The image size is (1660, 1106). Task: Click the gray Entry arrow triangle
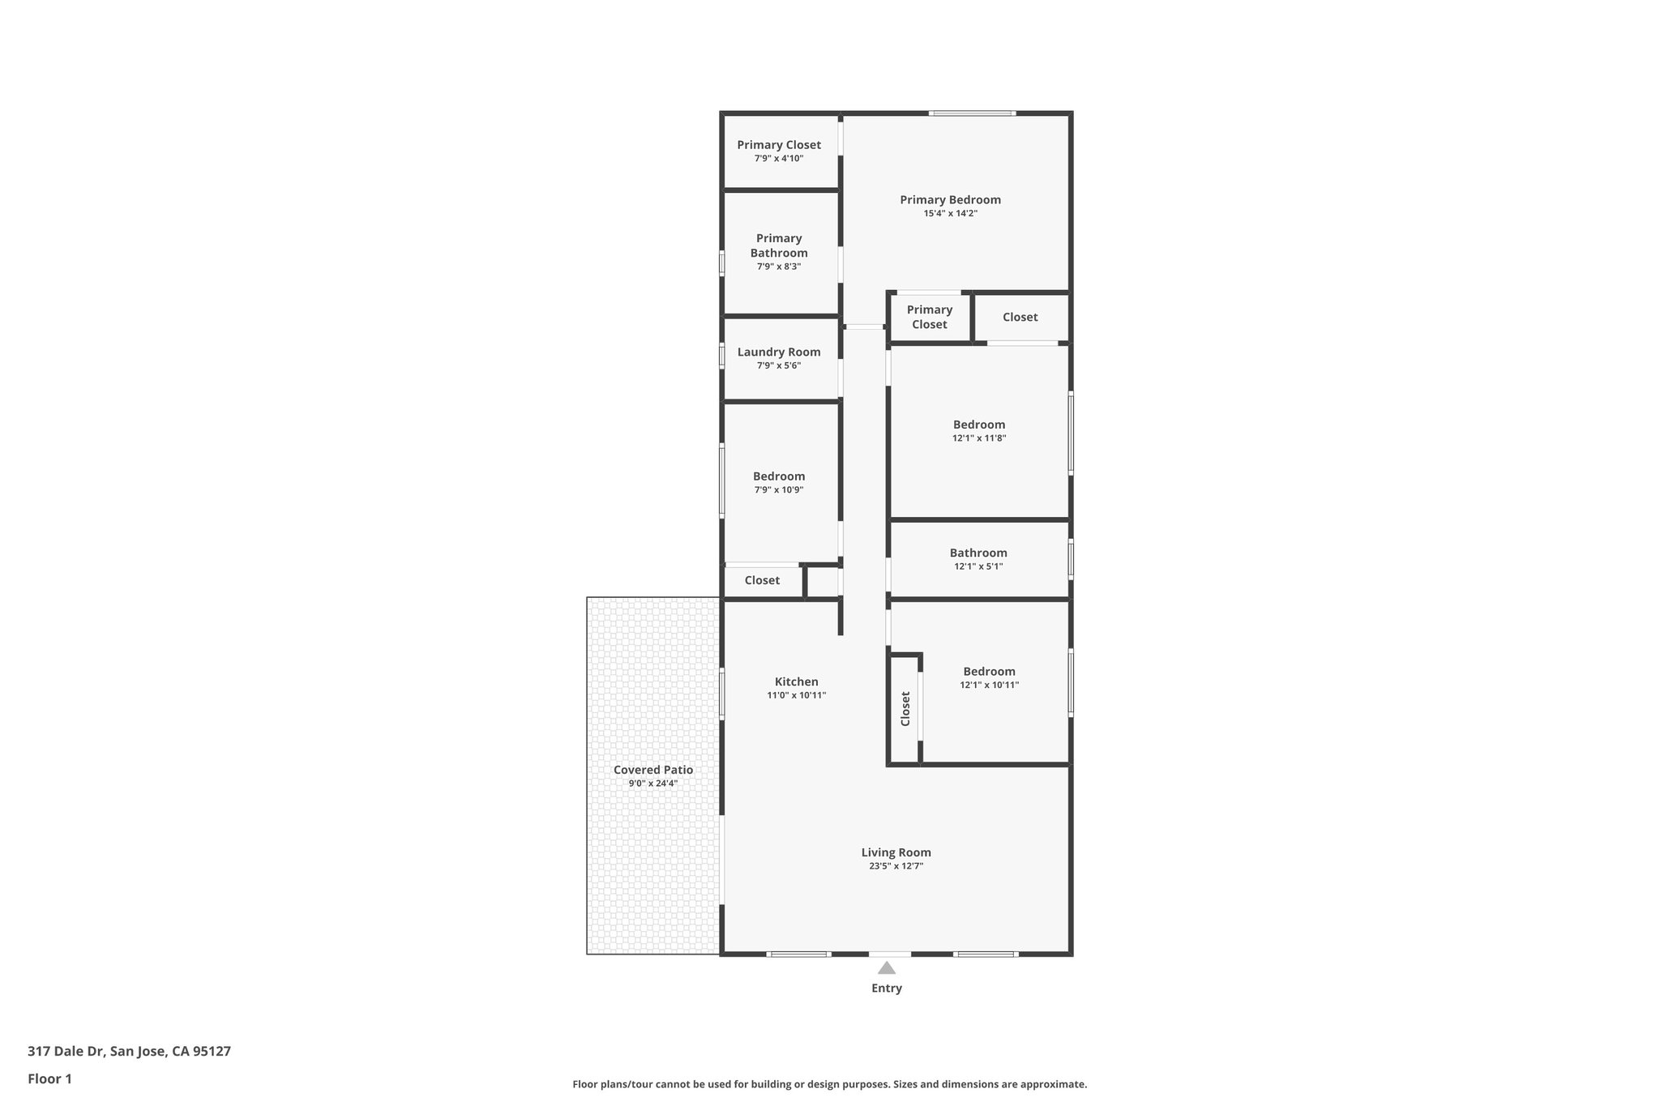(887, 967)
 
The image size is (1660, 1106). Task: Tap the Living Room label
(896, 852)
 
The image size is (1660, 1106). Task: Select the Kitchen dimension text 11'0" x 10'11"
(796, 695)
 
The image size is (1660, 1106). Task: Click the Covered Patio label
(653, 770)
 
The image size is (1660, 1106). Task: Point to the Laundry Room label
(779, 352)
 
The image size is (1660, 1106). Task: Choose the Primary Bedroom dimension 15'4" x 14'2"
(950, 214)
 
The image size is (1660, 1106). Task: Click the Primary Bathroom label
(779, 246)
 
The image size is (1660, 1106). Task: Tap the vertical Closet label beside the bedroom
(905, 708)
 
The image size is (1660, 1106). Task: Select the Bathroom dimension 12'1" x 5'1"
(978, 566)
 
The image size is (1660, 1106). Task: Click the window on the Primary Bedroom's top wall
(972, 113)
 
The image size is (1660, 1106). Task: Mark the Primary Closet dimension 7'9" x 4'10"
(779, 159)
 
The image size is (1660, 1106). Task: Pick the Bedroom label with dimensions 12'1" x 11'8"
(979, 425)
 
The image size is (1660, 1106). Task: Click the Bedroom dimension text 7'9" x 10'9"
(779, 490)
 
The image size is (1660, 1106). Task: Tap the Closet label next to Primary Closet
(1020, 317)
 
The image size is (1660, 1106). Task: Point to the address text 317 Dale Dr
(66, 1052)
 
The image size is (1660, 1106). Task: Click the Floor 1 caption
(50, 1078)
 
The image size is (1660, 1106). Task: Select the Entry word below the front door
(887, 988)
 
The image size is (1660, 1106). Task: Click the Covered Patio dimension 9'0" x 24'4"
(653, 784)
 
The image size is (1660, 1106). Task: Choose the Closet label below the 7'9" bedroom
(762, 580)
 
